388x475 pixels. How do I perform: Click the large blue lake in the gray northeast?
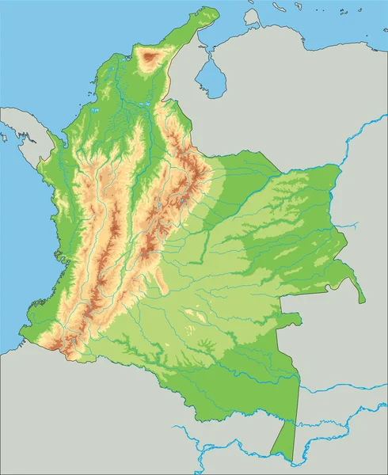(210, 76)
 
